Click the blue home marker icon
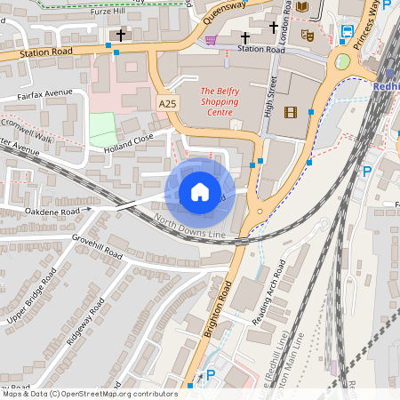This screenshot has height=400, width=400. [x=200, y=192]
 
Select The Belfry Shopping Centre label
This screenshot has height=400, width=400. [x=218, y=101]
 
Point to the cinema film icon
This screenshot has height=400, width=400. [x=290, y=112]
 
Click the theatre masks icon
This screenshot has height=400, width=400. [x=308, y=36]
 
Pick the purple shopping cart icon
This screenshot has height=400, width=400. [x=211, y=39]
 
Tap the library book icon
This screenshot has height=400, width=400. [x=303, y=8]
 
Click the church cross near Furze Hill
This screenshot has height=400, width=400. [x=121, y=35]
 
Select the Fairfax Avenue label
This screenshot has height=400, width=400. [x=44, y=92]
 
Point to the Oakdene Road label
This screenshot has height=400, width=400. [x=52, y=212]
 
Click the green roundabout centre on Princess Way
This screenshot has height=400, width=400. [x=341, y=62]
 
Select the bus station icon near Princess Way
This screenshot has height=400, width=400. [x=346, y=33]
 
